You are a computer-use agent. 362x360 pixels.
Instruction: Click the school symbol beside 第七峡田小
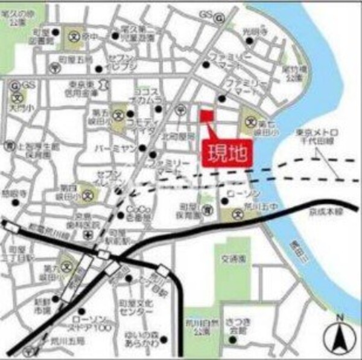tap(251, 123)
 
